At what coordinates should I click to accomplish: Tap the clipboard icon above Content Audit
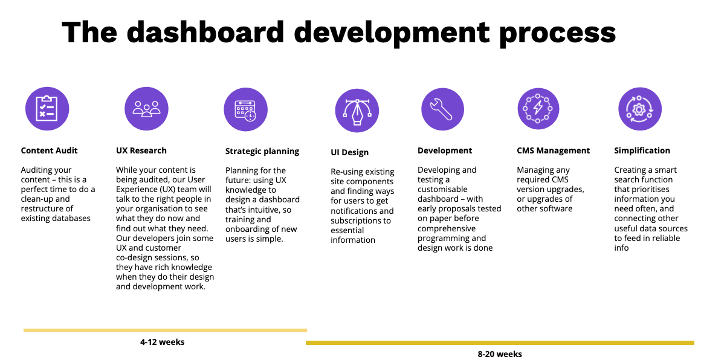[x=47, y=109]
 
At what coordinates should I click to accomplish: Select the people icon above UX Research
[x=146, y=109]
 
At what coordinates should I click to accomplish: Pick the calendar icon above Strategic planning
[x=245, y=109]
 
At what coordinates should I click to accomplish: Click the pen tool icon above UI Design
[x=357, y=111]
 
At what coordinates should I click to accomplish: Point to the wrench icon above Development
[x=442, y=109]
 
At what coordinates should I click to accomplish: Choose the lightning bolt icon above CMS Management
[x=538, y=109]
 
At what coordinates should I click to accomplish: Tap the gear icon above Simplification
[x=640, y=109]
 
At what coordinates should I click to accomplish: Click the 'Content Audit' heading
[x=50, y=151]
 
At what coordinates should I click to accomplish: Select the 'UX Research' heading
[x=141, y=151]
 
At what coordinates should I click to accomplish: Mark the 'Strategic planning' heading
[x=262, y=152]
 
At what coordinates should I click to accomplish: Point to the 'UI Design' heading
[x=350, y=153]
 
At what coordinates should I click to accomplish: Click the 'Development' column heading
[x=445, y=151]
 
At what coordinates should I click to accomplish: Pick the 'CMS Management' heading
[x=554, y=151]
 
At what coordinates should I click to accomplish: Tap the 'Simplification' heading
[x=642, y=151]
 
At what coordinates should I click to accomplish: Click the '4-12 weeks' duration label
[x=163, y=342]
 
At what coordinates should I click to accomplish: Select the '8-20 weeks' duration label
[x=500, y=354]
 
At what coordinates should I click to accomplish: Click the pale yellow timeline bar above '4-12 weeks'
[x=165, y=330]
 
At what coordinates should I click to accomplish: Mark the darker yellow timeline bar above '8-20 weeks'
[x=500, y=342]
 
